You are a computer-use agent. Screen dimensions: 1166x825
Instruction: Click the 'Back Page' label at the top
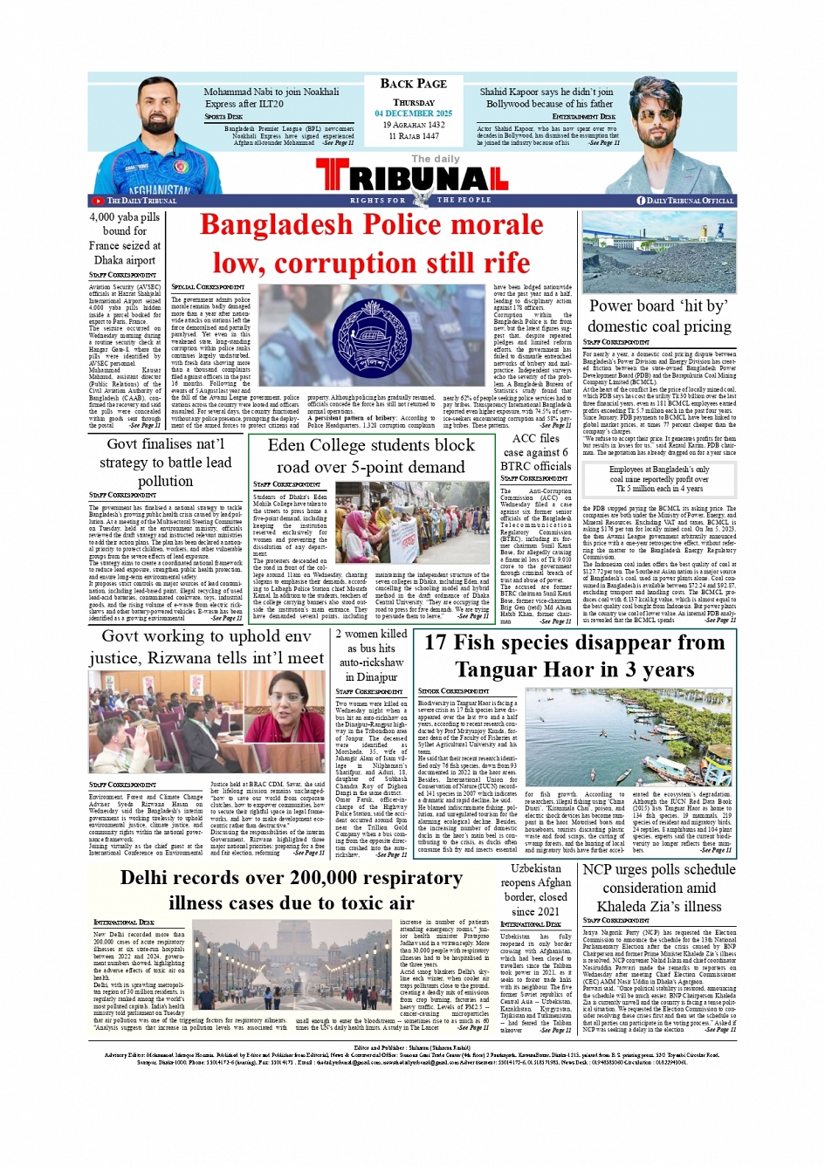pos(413,84)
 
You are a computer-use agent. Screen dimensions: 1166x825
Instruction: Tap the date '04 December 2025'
pos(413,113)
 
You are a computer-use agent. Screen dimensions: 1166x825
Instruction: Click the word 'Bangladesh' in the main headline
pos(278,225)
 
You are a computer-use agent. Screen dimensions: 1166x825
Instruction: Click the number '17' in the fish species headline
pos(436,643)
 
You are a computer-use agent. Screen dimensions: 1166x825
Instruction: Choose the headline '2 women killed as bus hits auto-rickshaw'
pos(372,655)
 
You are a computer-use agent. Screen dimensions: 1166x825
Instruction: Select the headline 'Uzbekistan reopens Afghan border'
pos(536,889)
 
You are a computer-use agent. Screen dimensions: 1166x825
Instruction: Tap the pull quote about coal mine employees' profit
pos(659,478)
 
